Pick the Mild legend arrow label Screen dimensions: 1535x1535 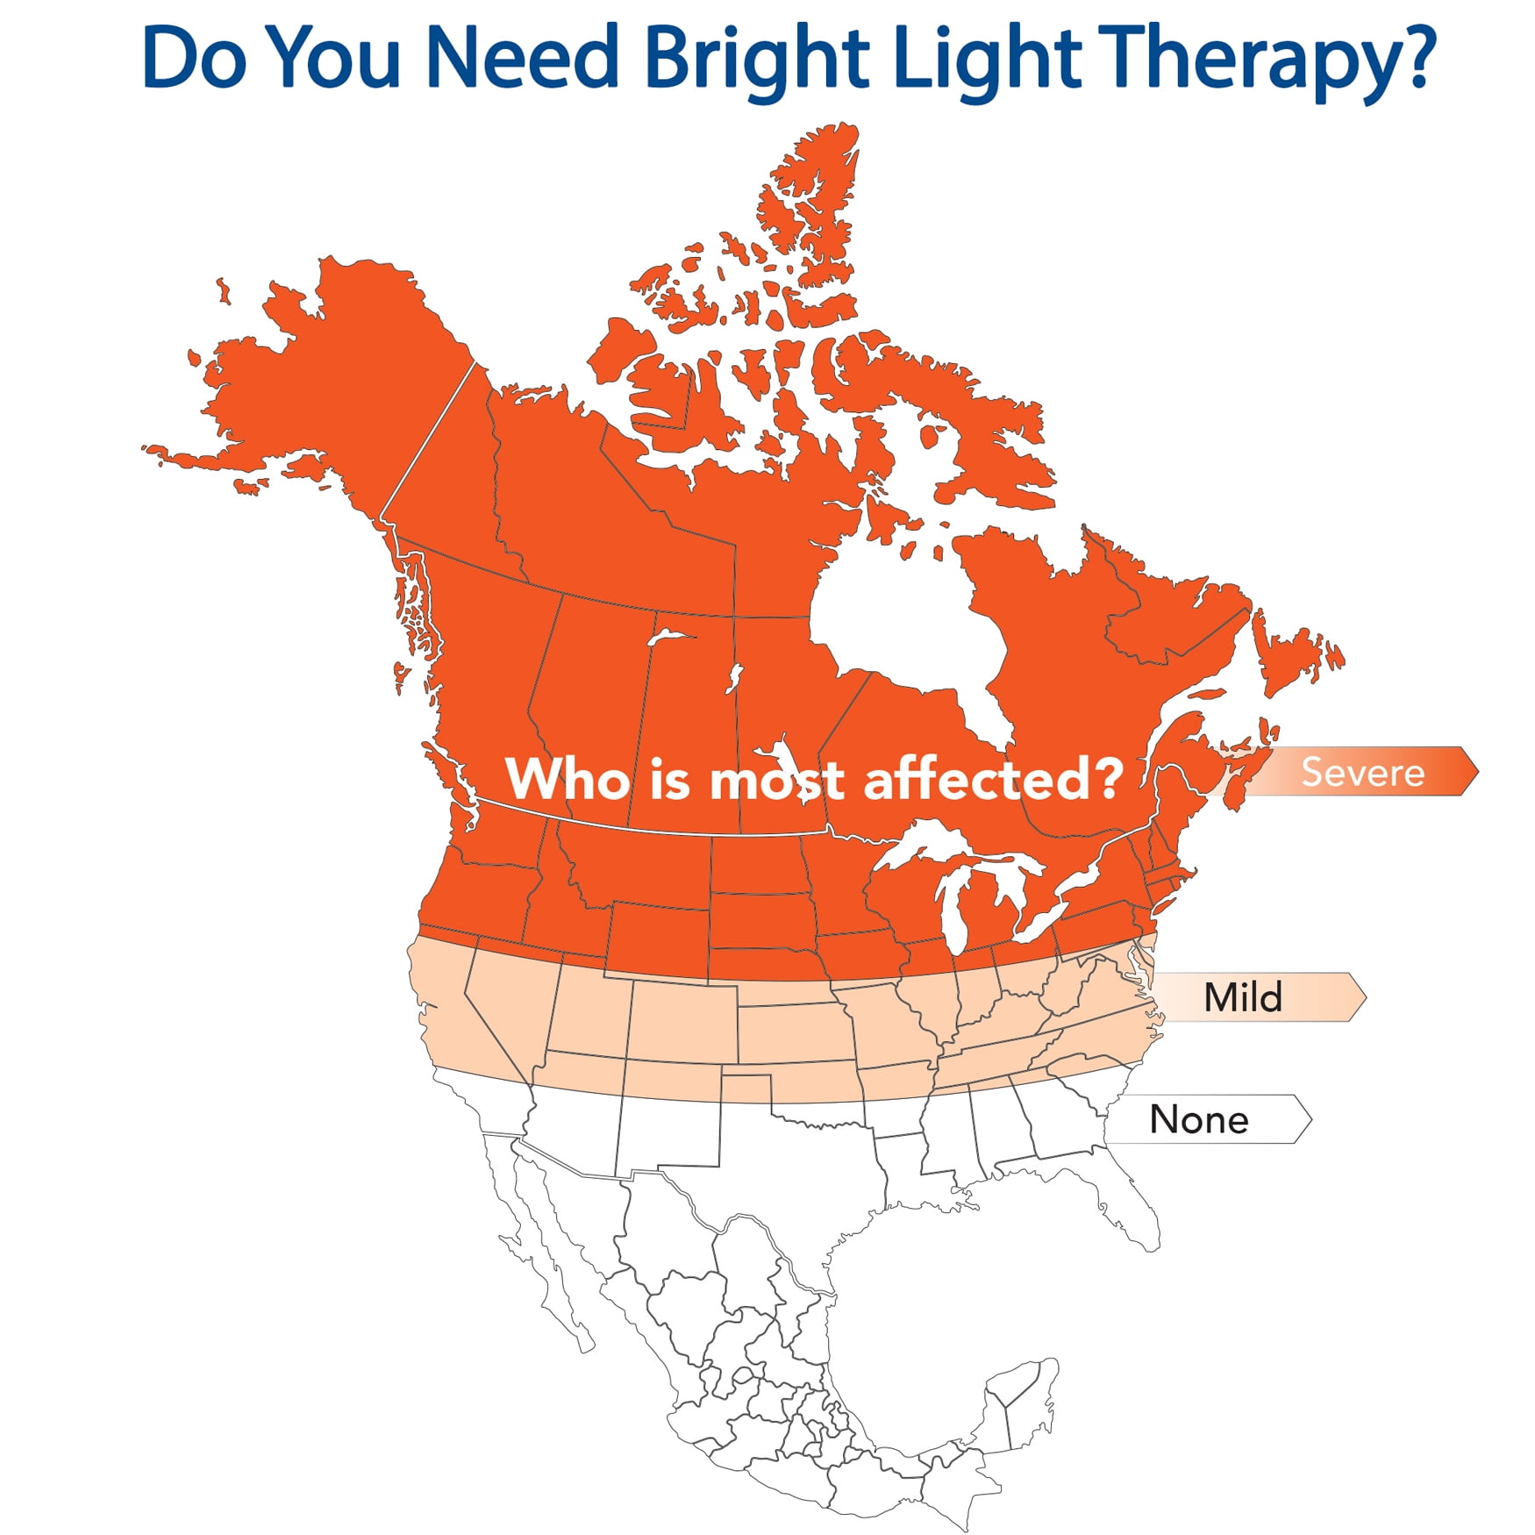(x=1254, y=996)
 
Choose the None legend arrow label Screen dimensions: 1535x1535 (x=1207, y=1119)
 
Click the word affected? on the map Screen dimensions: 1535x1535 (x=993, y=777)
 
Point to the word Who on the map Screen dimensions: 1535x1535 (x=568, y=777)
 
